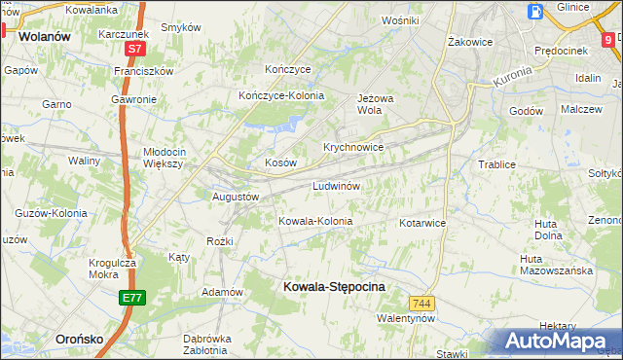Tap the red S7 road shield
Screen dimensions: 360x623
(x=135, y=47)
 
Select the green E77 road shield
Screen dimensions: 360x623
(x=134, y=298)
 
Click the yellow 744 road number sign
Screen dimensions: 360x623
(x=421, y=304)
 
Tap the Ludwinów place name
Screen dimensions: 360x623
(x=338, y=185)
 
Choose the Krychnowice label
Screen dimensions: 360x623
(x=353, y=147)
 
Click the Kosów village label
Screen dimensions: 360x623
(x=280, y=163)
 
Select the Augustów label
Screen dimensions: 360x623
(x=236, y=197)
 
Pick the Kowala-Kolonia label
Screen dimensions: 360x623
(x=314, y=221)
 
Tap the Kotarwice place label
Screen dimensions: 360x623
(x=421, y=223)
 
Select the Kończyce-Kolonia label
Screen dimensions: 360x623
(x=281, y=95)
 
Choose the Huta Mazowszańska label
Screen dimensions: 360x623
(x=556, y=265)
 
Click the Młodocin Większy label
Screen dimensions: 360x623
(x=164, y=158)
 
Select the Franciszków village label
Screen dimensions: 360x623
(x=143, y=71)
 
